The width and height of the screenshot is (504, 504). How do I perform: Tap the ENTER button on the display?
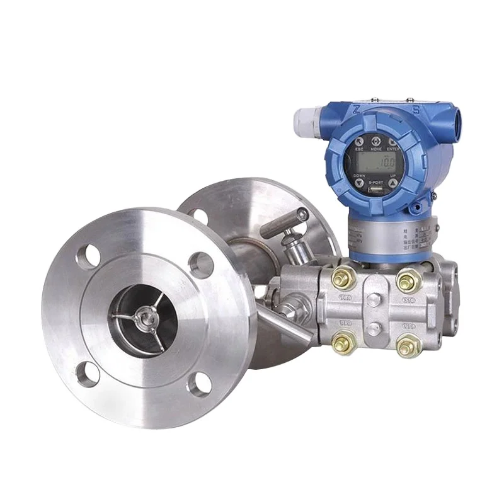[x=394, y=144]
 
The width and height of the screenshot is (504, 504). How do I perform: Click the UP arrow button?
[x=393, y=183]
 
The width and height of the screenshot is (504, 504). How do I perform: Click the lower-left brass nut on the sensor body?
[x=346, y=343]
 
